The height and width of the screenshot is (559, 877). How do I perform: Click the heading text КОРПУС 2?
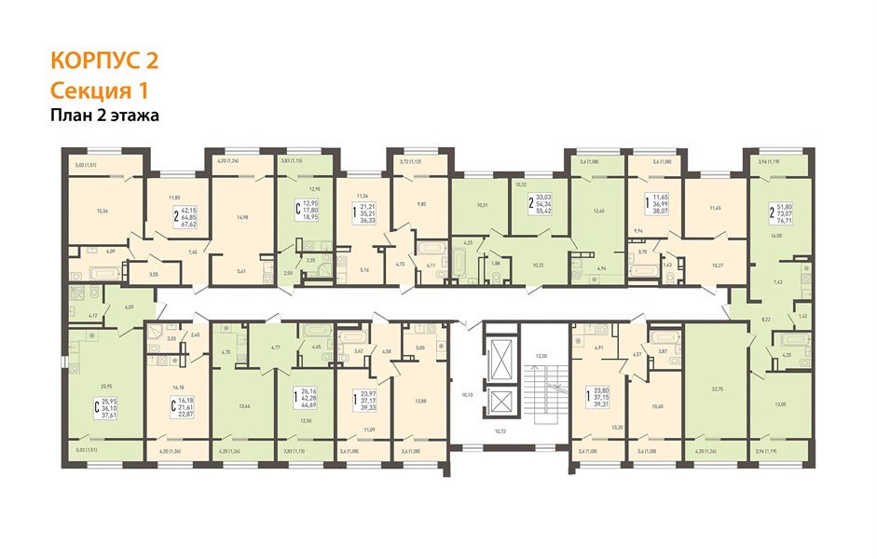click(103, 61)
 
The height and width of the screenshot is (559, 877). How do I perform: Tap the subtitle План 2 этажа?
click(105, 116)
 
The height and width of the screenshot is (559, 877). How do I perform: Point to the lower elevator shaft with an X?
click(503, 403)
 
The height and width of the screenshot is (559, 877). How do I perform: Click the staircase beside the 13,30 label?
click(546, 391)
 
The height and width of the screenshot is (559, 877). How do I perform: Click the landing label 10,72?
click(502, 432)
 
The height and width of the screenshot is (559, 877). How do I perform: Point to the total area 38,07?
click(663, 211)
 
